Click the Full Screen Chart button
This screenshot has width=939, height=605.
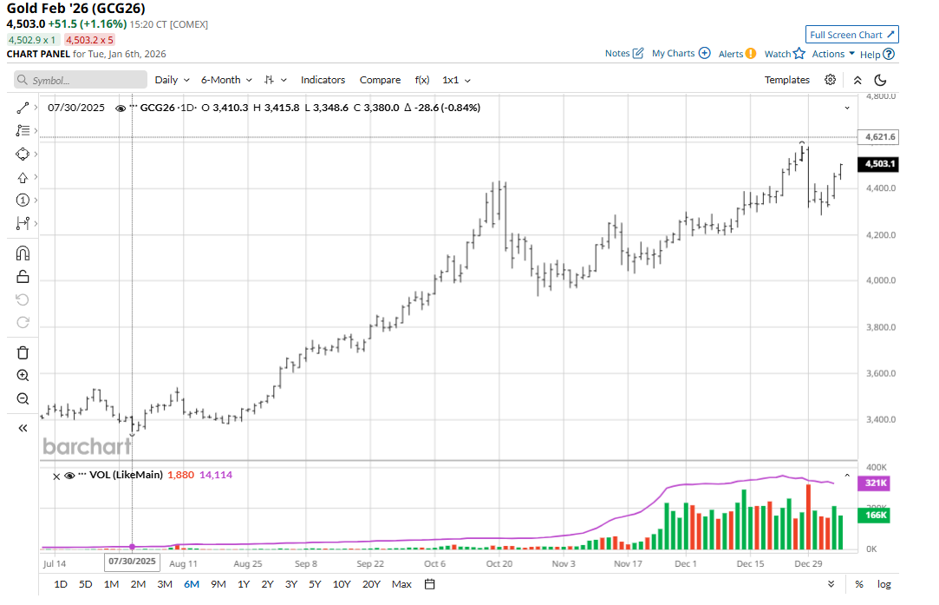tap(851, 35)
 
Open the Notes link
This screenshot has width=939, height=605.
tap(624, 54)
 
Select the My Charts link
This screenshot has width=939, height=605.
tap(681, 54)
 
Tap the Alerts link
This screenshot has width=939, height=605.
tap(737, 54)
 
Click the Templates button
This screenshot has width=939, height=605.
tap(786, 80)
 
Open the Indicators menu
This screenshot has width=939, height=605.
tap(323, 80)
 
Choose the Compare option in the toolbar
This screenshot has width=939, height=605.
tap(380, 80)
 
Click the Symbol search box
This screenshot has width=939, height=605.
tap(81, 80)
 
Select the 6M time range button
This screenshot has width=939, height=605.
tap(191, 584)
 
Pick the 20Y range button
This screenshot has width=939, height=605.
tap(371, 584)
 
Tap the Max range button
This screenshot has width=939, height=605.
tap(401, 584)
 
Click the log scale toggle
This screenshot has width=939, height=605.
tap(884, 584)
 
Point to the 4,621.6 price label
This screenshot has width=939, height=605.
tap(880, 137)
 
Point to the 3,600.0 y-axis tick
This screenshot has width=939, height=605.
tap(880, 374)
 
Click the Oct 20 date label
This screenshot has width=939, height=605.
tap(499, 563)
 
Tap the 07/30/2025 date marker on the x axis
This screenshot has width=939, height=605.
tap(133, 562)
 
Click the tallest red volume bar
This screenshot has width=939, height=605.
tap(809, 516)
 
